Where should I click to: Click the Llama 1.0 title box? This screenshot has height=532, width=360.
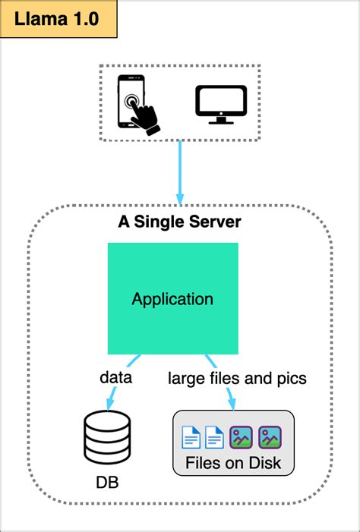[x=58, y=20]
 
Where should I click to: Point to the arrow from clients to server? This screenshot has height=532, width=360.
[x=180, y=172]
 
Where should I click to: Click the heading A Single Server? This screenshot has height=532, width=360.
[x=180, y=222]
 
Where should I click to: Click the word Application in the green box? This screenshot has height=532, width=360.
[x=172, y=299]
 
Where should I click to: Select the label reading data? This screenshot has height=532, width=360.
[x=115, y=377]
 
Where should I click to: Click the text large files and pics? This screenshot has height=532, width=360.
[x=237, y=377]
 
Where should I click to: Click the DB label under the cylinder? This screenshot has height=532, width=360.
[x=107, y=483]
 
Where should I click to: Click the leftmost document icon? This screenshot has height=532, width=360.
[x=190, y=437]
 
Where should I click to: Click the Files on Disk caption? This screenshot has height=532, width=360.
[x=233, y=463]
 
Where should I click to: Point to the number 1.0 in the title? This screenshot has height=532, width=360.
[x=82, y=20]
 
